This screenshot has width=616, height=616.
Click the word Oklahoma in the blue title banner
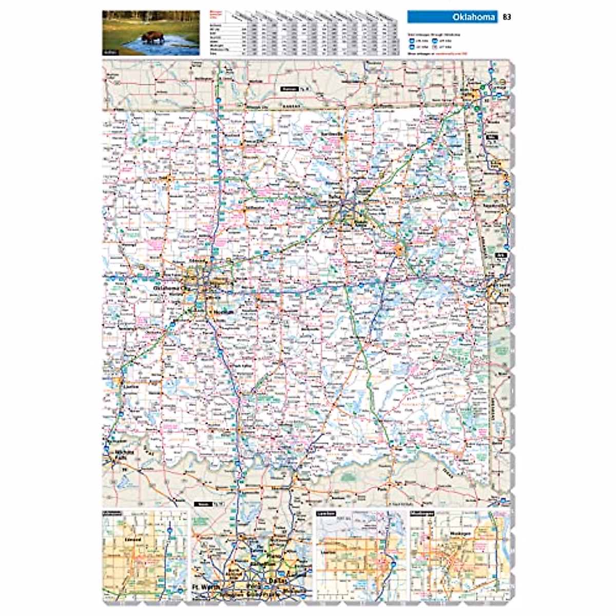point(473,17)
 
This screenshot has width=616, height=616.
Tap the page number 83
point(507,17)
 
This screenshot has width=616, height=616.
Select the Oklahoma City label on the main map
point(172,288)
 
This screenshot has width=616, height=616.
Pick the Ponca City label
point(249,141)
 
